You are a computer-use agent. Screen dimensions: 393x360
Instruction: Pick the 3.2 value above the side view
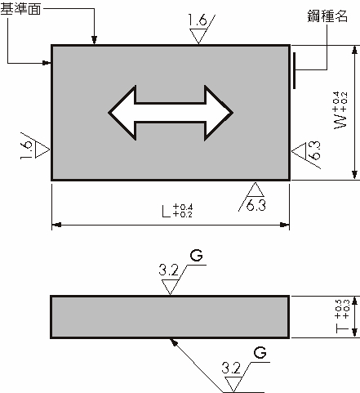coord(169,267)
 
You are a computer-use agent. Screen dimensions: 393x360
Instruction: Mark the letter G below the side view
coord(259,353)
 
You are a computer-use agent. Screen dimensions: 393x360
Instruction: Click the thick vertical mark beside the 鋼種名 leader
coord(294,69)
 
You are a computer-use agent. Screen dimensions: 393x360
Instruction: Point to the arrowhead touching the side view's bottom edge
coord(173,341)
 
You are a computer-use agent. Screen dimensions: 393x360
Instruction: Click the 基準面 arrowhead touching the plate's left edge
coord(47,61)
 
